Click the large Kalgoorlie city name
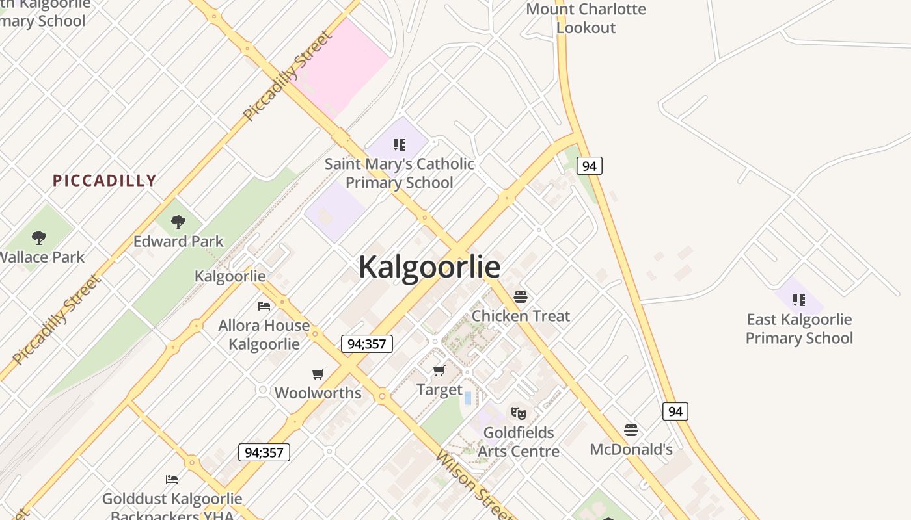pyautogui.click(x=429, y=267)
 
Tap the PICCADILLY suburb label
pyautogui.click(x=104, y=181)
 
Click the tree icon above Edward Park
pyautogui.click(x=178, y=222)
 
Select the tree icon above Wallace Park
pyautogui.click(x=39, y=238)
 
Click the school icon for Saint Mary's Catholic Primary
pyautogui.click(x=400, y=144)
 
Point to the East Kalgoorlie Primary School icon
pyautogui.click(x=799, y=300)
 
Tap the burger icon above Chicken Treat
pyautogui.click(x=520, y=297)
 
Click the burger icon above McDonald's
pyautogui.click(x=631, y=430)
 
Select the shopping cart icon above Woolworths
pyautogui.click(x=318, y=374)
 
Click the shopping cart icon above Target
pyautogui.click(x=439, y=370)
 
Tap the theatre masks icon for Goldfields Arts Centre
pyautogui.click(x=518, y=413)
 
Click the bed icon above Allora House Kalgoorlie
pyautogui.click(x=264, y=305)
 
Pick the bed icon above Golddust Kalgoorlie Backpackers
pyautogui.click(x=172, y=480)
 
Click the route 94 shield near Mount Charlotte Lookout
pyautogui.click(x=589, y=166)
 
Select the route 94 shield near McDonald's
pyautogui.click(x=675, y=411)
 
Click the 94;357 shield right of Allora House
pyautogui.click(x=367, y=344)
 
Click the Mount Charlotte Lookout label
pyautogui.click(x=586, y=18)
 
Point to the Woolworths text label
pyautogui.click(x=318, y=393)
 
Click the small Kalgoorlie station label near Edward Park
pyautogui.click(x=230, y=276)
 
